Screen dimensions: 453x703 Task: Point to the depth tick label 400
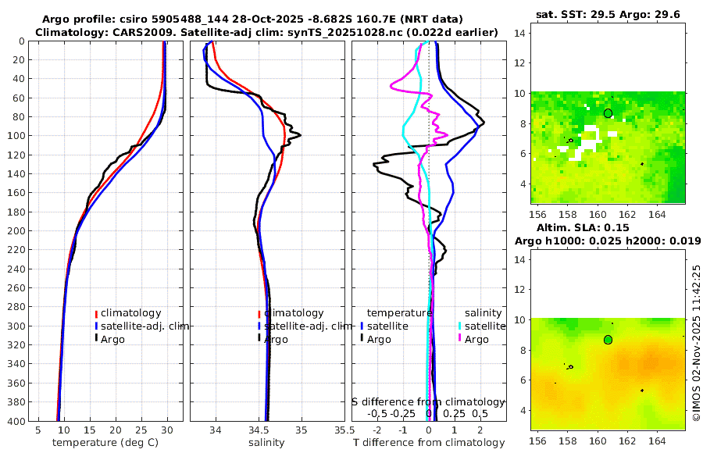pos(16,421)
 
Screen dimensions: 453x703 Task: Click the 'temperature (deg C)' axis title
pos(107,443)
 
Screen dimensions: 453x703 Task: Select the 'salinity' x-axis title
pos(266,443)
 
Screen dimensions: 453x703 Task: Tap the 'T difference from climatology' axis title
pos(430,443)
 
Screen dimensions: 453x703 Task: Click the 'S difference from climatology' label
pos(428,401)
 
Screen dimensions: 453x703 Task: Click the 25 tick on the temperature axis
pos(141,430)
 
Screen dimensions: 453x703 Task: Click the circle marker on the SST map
pos(608,113)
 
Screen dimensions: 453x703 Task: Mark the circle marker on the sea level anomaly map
pos(608,340)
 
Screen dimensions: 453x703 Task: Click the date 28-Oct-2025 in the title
pos(300,19)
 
